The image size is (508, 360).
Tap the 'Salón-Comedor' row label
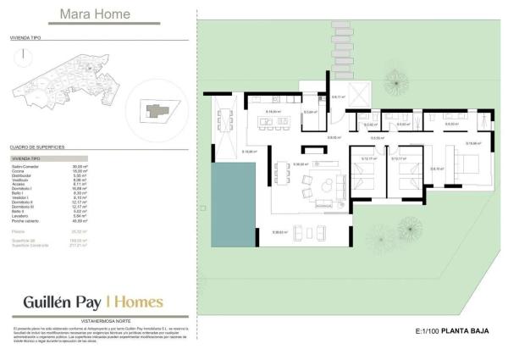coord(25,166)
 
